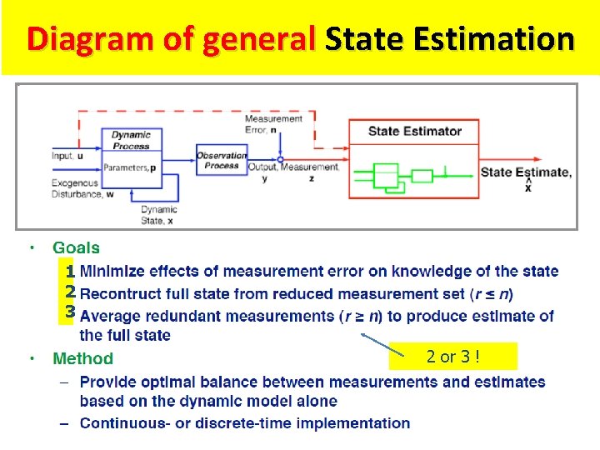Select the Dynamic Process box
click(131, 140)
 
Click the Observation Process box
click(221, 160)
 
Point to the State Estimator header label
click(414, 131)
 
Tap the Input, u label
click(67, 156)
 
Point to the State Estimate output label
click(526, 173)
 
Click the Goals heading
click(76, 247)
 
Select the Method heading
click(82, 359)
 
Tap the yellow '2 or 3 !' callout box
click(452, 357)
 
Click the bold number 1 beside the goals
click(71, 272)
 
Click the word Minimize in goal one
click(114, 271)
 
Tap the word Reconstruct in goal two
click(124, 293)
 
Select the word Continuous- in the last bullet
click(122, 422)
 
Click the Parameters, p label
click(131, 167)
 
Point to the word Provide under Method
click(108, 382)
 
